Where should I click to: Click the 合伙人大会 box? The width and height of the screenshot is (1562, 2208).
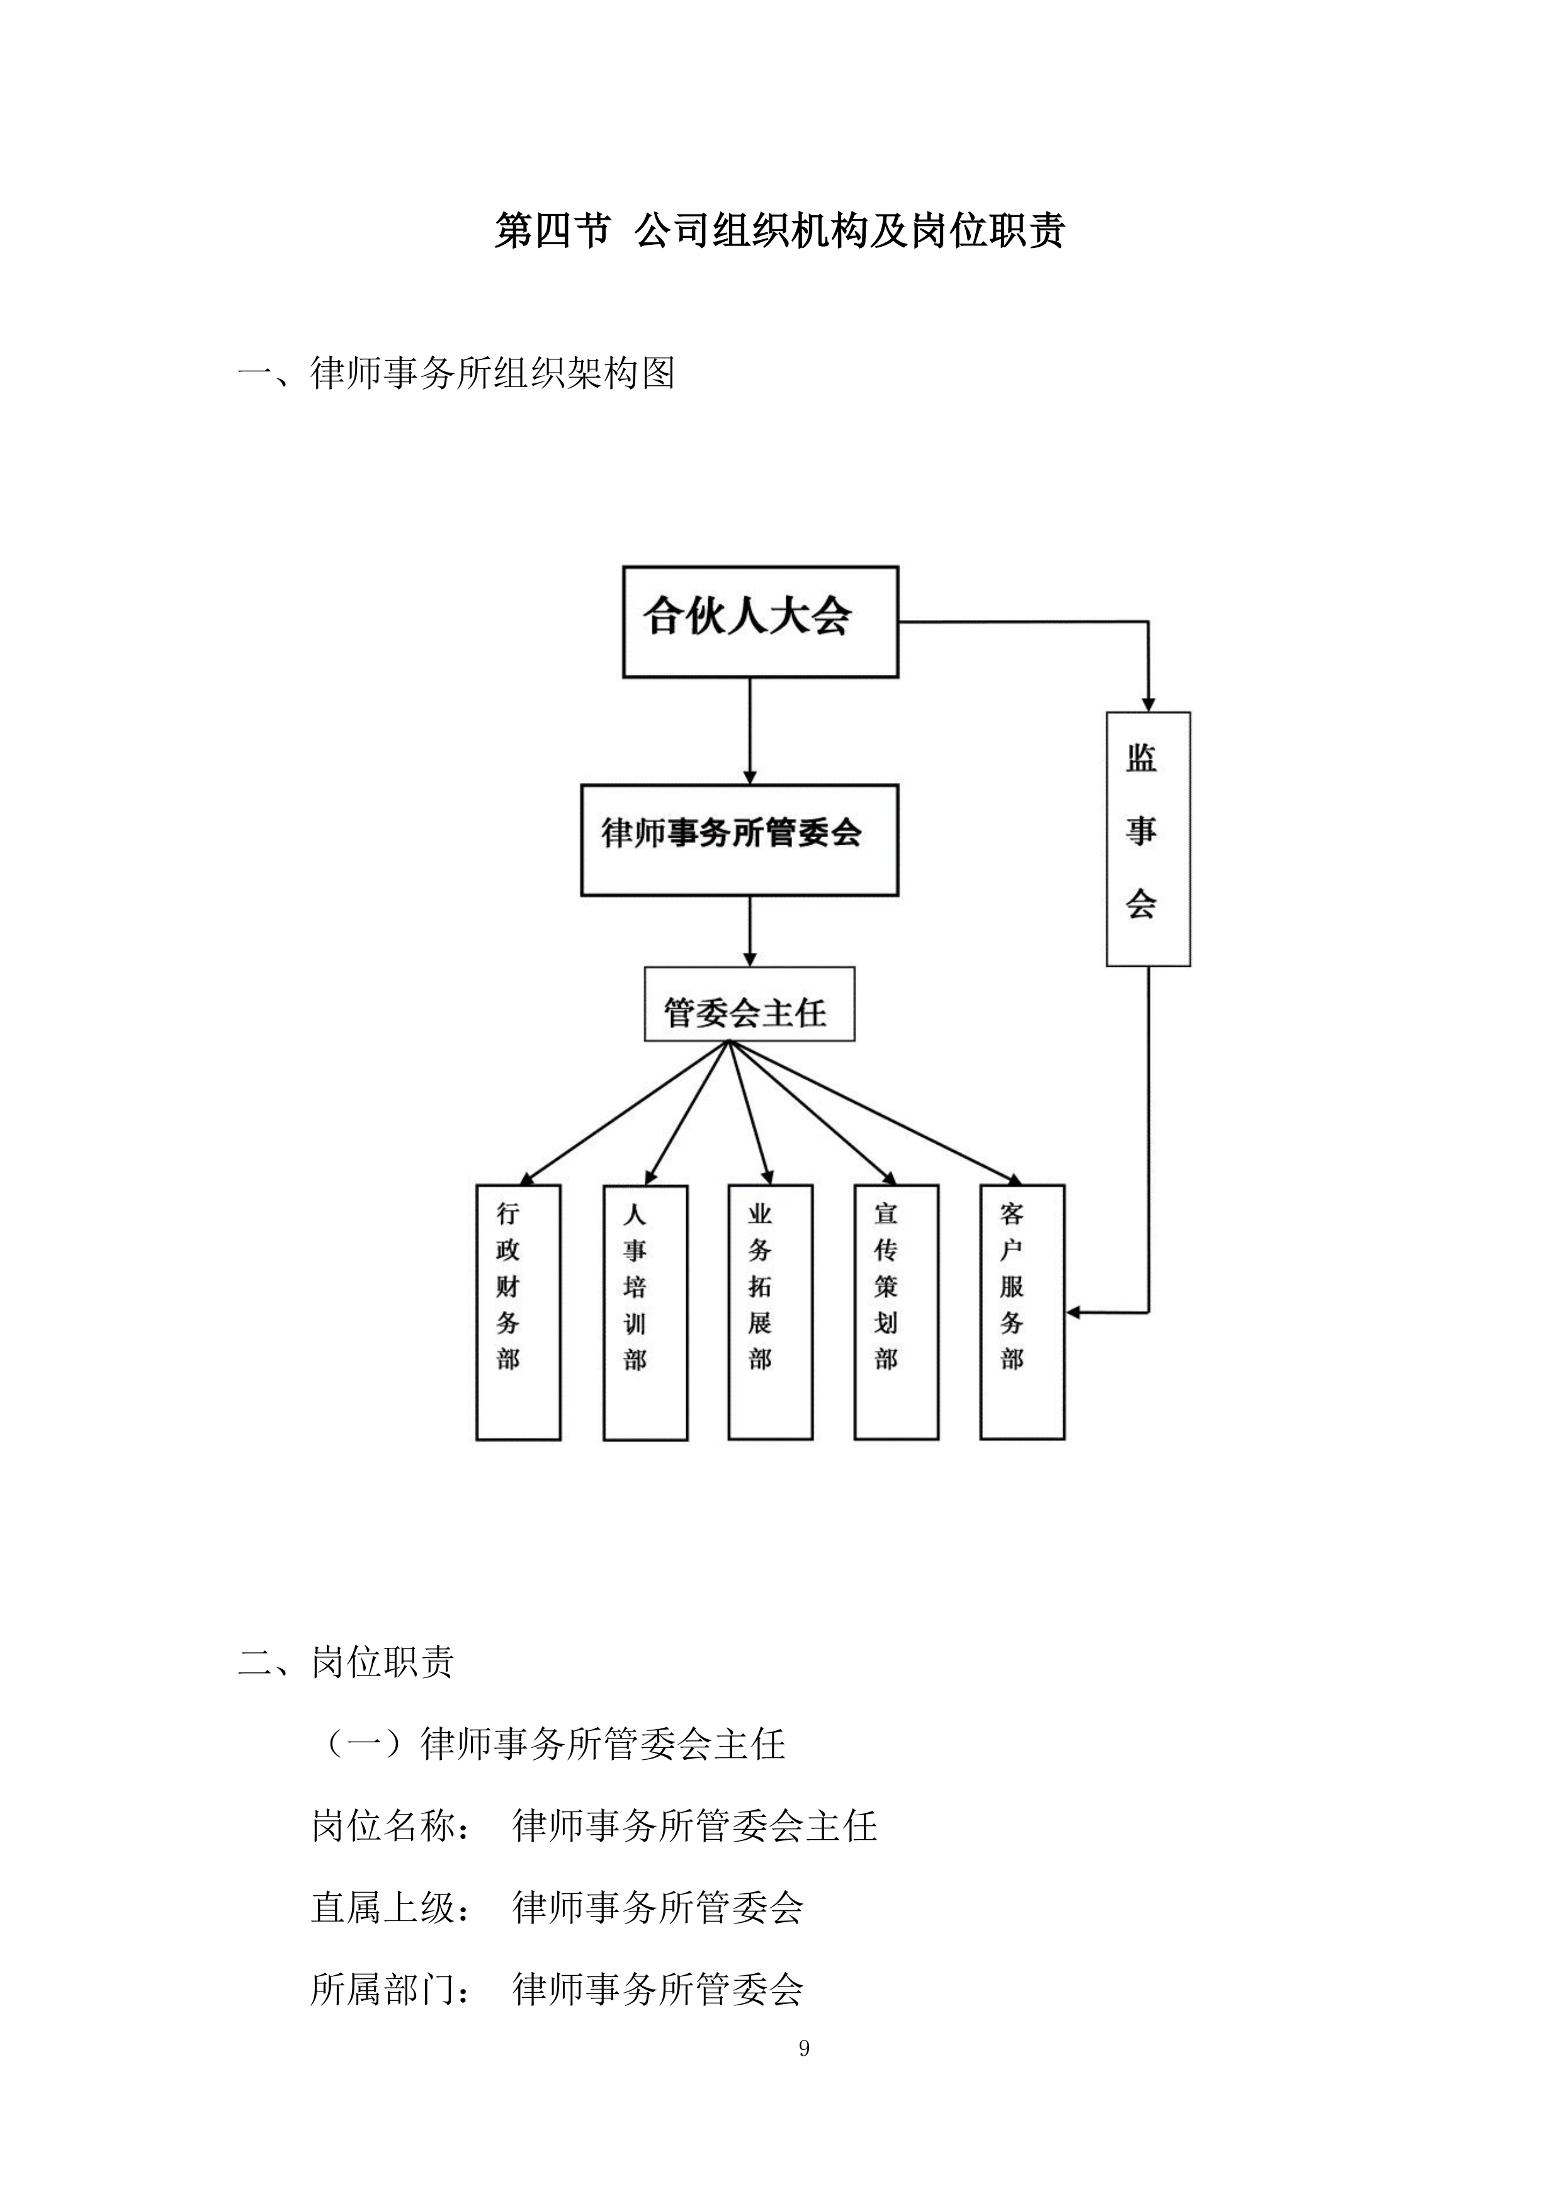click(760, 621)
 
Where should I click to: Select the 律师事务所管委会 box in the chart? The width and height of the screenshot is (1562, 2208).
click(739, 840)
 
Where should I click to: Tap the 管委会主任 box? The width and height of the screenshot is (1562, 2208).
click(749, 1004)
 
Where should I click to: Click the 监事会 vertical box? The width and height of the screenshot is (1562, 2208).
click(1148, 838)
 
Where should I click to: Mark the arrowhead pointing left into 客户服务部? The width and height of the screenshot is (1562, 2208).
click(1073, 1312)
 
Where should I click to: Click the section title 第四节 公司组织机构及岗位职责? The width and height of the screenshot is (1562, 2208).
click(779, 231)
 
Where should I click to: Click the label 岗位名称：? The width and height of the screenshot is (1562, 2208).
click(392, 1825)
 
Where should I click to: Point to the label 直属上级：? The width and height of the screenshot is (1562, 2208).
click(392, 1907)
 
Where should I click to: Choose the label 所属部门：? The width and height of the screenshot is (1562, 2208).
click(392, 1989)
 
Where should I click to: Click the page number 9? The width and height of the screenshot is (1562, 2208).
click(804, 2048)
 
